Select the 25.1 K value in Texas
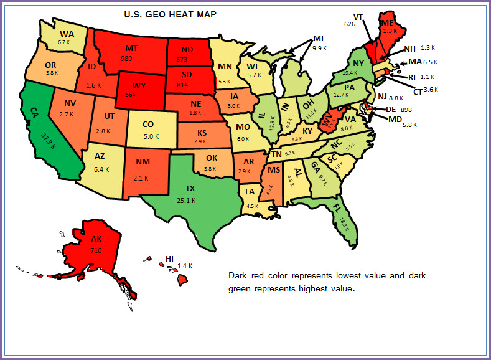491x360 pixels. pos(185,201)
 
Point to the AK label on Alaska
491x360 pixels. pos(96,239)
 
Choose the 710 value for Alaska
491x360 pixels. pos(96,250)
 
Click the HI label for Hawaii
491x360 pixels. pos(169,258)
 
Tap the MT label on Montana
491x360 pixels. pos(131,48)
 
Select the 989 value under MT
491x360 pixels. pos(127,58)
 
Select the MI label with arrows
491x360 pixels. pos(318,37)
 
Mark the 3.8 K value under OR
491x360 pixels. pos(52,72)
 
